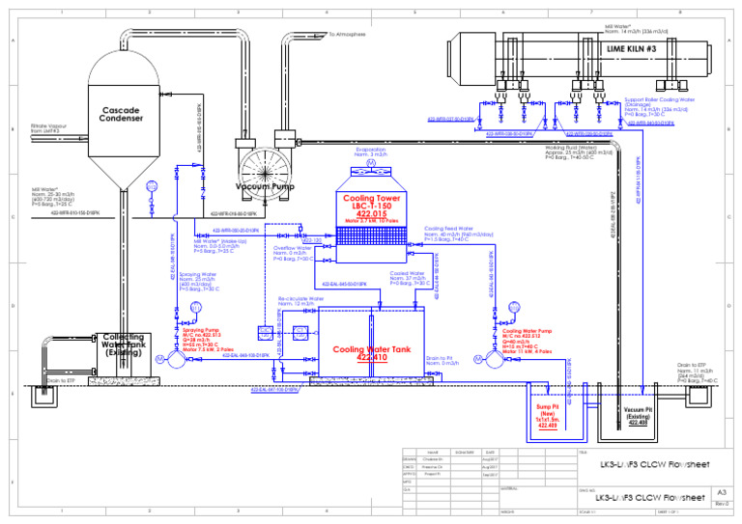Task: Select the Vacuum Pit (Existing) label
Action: click(x=640, y=415)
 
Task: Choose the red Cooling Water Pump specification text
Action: click(x=528, y=344)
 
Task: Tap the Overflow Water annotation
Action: click(x=294, y=254)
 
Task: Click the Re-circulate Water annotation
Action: click(x=300, y=301)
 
